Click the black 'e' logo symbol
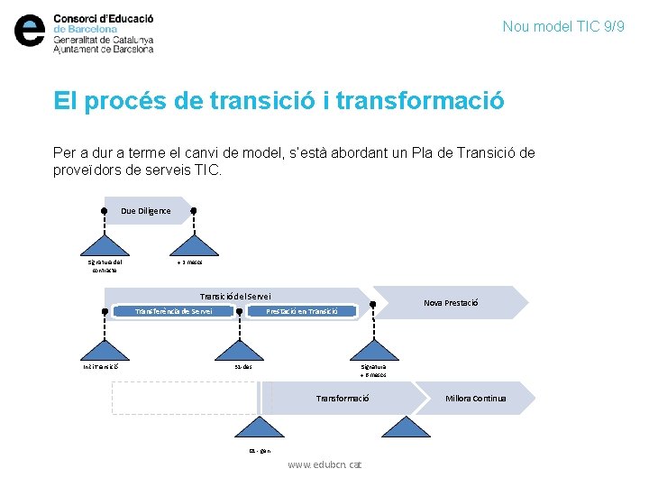click(x=30, y=32)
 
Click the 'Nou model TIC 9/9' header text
click(x=563, y=27)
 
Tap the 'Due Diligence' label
click(x=145, y=211)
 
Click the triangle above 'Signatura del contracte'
click(x=105, y=243)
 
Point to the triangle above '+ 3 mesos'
click(x=193, y=243)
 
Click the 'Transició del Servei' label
click(x=234, y=297)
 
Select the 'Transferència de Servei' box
click(x=173, y=311)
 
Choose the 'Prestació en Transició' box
click(x=302, y=311)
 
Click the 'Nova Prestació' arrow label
click(x=451, y=303)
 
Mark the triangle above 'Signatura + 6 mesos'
click(x=372, y=348)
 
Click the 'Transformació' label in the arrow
click(x=343, y=398)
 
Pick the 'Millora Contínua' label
click(x=476, y=398)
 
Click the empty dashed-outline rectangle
click(x=185, y=398)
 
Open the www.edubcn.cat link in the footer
click(x=324, y=464)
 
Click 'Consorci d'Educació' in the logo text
click(x=104, y=18)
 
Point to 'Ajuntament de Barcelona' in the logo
click(x=104, y=50)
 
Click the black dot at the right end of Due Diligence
click(x=193, y=210)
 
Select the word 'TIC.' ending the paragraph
click(x=206, y=170)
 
